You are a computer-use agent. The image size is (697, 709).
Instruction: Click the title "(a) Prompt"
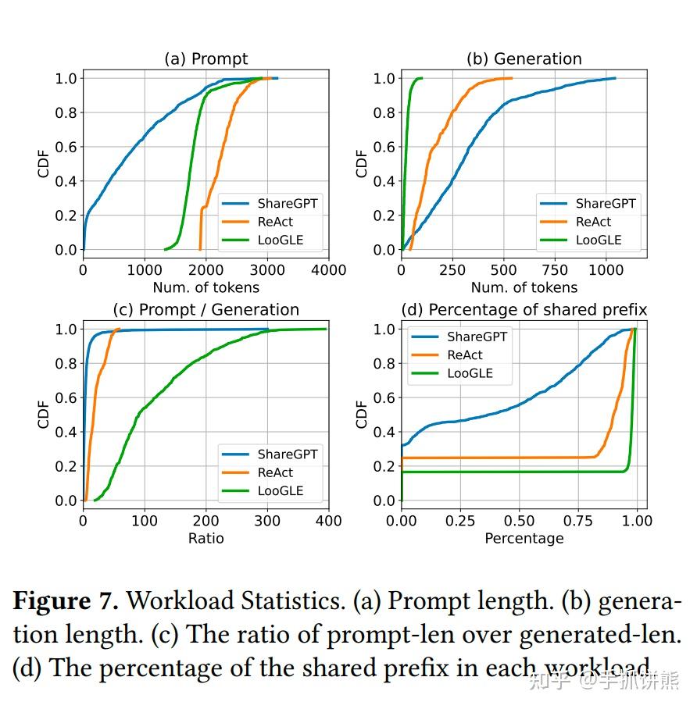[x=206, y=59]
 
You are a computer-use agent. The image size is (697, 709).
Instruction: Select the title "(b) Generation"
[x=524, y=59]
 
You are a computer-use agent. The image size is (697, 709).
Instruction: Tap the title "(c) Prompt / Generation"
[x=206, y=310]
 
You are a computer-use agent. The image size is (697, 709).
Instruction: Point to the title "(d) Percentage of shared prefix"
[x=524, y=310]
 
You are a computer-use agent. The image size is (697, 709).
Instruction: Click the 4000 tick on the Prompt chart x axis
[x=328, y=270]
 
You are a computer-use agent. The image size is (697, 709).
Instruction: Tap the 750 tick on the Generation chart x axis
[x=555, y=270]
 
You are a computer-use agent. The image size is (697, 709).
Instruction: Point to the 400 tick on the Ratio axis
[x=328, y=521]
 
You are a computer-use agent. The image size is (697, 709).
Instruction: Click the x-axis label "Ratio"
[x=206, y=538]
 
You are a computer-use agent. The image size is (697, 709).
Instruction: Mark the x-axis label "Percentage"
[x=524, y=538]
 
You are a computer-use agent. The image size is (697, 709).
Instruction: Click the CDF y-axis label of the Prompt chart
[x=44, y=163]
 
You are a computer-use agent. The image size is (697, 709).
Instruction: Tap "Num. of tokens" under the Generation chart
[x=524, y=287]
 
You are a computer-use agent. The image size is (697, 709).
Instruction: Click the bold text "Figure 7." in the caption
[x=66, y=602]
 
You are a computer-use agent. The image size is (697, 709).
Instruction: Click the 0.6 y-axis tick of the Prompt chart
[x=66, y=147]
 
